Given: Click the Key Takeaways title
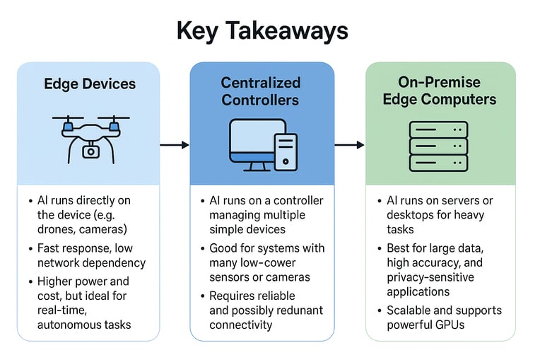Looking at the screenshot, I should tap(262, 31).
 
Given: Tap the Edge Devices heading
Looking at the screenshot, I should tap(89, 84).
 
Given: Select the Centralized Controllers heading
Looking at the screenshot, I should tap(261, 92).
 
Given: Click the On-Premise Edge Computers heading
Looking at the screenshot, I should tap(439, 91).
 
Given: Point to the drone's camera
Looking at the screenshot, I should tap(90, 151).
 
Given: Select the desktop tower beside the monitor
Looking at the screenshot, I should tap(286, 151).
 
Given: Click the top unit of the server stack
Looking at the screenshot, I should tap(438, 129).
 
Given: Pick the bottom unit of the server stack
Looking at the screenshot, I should tap(438, 162).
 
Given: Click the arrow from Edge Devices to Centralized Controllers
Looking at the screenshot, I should tap(175, 145).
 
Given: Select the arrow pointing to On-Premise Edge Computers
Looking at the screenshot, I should tap(348, 145).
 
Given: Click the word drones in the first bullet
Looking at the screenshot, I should tap(54, 228).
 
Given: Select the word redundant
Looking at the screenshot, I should tap(298, 310).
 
